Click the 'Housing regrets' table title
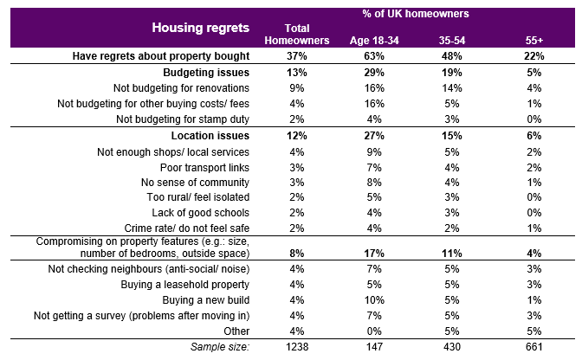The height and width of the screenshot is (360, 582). click(200, 28)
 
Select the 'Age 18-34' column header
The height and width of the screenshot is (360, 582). click(374, 41)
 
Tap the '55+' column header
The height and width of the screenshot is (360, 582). click(534, 41)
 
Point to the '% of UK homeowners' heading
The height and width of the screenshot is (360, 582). click(416, 14)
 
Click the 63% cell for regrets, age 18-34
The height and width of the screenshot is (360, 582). click(374, 56)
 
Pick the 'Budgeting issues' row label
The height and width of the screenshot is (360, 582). click(206, 73)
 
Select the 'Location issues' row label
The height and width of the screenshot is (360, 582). click(210, 136)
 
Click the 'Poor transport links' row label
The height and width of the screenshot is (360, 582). click(204, 168)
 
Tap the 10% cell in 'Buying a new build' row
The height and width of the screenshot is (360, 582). click(374, 300)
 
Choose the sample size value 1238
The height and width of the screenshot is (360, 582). click(297, 347)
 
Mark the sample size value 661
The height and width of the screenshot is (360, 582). click(534, 347)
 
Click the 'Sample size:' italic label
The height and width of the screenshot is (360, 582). click(220, 347)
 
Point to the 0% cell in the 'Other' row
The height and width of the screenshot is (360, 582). click(374, 331)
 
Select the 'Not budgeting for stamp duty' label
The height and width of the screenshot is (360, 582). click(183, 119)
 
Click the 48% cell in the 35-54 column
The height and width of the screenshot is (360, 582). click(452, 56)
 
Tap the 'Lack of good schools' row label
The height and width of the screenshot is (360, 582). click(200, 213)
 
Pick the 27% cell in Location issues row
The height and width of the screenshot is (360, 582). click(374, 136)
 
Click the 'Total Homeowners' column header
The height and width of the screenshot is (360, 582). click(297, 34)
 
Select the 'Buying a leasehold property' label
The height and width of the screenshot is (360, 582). click(184, 285)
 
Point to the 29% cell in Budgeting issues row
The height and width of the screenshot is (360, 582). click(374, 73)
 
